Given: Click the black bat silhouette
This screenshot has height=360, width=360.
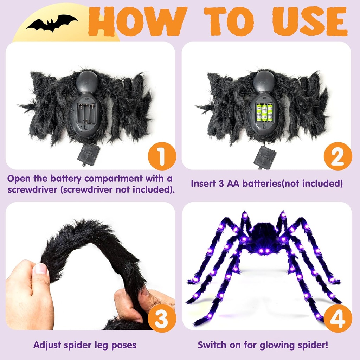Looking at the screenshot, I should (x=52, y=23).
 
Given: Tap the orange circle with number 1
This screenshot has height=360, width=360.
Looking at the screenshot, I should (x=162, y=156).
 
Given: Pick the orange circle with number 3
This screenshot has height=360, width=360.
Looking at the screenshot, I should (x=162, y=318).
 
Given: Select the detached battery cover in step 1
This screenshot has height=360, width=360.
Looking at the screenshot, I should (x=89, y=155).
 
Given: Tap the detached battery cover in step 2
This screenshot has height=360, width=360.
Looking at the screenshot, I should (x=265, y=157).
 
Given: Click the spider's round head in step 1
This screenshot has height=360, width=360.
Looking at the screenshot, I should (x=86, y=81).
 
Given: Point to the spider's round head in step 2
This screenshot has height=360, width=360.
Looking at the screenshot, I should (x=264, y=81).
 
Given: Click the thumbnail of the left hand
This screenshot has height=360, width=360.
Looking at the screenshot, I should (x=40, y=269).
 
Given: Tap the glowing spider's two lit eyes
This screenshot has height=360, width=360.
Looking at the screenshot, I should (x=263, y=251).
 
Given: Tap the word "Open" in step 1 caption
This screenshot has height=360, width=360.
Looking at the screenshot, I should (x=18, y=179).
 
